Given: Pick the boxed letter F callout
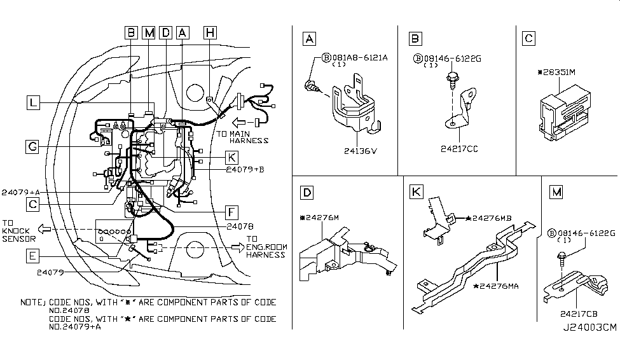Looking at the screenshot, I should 233,212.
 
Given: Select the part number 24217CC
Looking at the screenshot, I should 458,149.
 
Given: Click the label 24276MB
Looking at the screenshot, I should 493,219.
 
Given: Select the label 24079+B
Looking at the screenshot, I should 245,170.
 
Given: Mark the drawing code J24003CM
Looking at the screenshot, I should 589,328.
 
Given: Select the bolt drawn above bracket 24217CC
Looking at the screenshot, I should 451,80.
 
